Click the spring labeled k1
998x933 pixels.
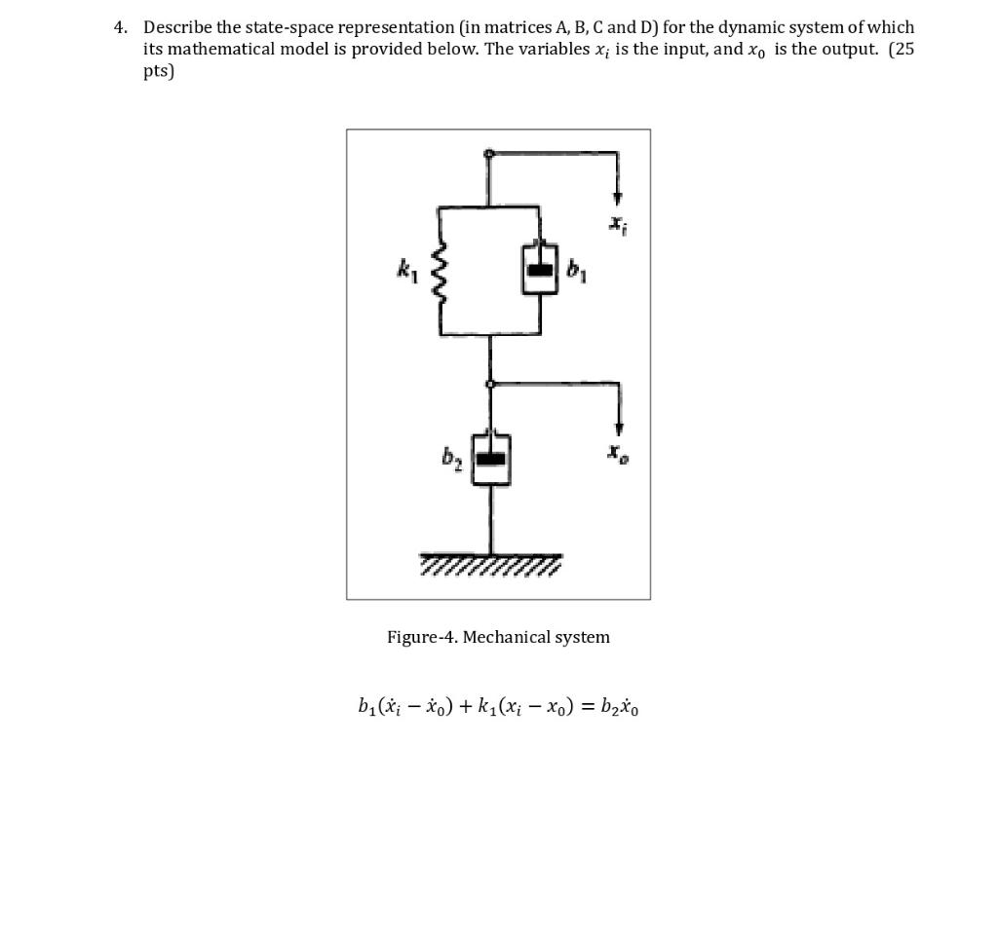[440, 271]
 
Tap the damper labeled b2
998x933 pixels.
[490, 458]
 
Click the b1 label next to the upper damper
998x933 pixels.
[576, 271]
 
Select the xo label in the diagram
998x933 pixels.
[617, 453]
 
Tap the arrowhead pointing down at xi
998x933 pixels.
[617, 199]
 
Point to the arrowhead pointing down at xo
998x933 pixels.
[617, 428]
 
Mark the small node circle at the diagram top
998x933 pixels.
[489, 153]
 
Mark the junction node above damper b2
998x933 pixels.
[490, 384]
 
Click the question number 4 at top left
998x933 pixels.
[120, 27]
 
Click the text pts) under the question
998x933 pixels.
[159, 72]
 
